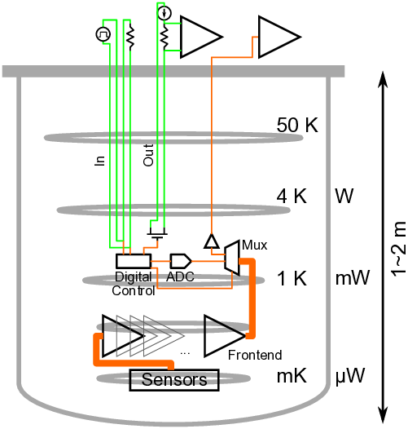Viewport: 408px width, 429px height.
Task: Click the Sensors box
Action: click(174, 380)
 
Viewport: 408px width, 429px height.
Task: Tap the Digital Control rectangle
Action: click(134, 261)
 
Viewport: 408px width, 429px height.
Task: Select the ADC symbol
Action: click(181, 261)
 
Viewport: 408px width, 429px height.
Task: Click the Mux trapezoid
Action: click(232, 258)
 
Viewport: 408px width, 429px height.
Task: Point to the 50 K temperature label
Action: click(297, 126)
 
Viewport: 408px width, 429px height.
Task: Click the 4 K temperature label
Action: click(292, 197)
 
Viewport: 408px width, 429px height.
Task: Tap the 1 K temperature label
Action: click(292, 278)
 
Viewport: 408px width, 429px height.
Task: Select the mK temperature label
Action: click(292, 376)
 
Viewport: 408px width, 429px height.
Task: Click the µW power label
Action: click(350, 377)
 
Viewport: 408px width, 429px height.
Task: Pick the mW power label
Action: click(353, 278)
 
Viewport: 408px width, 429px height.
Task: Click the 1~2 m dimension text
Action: click(398, 249)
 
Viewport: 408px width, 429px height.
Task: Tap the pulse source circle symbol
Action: click(103, 34)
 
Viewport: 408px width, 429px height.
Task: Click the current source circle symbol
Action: click(165, 13)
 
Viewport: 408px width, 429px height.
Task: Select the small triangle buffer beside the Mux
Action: click(212, 241)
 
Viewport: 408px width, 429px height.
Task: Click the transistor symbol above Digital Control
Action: click(157, 233)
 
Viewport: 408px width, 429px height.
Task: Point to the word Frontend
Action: click(255, 355)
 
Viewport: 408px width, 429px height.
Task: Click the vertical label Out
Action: click(148, 155)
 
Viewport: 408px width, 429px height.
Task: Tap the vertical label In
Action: click(99, 161)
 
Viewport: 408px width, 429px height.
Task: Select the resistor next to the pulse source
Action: click(130, 36)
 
